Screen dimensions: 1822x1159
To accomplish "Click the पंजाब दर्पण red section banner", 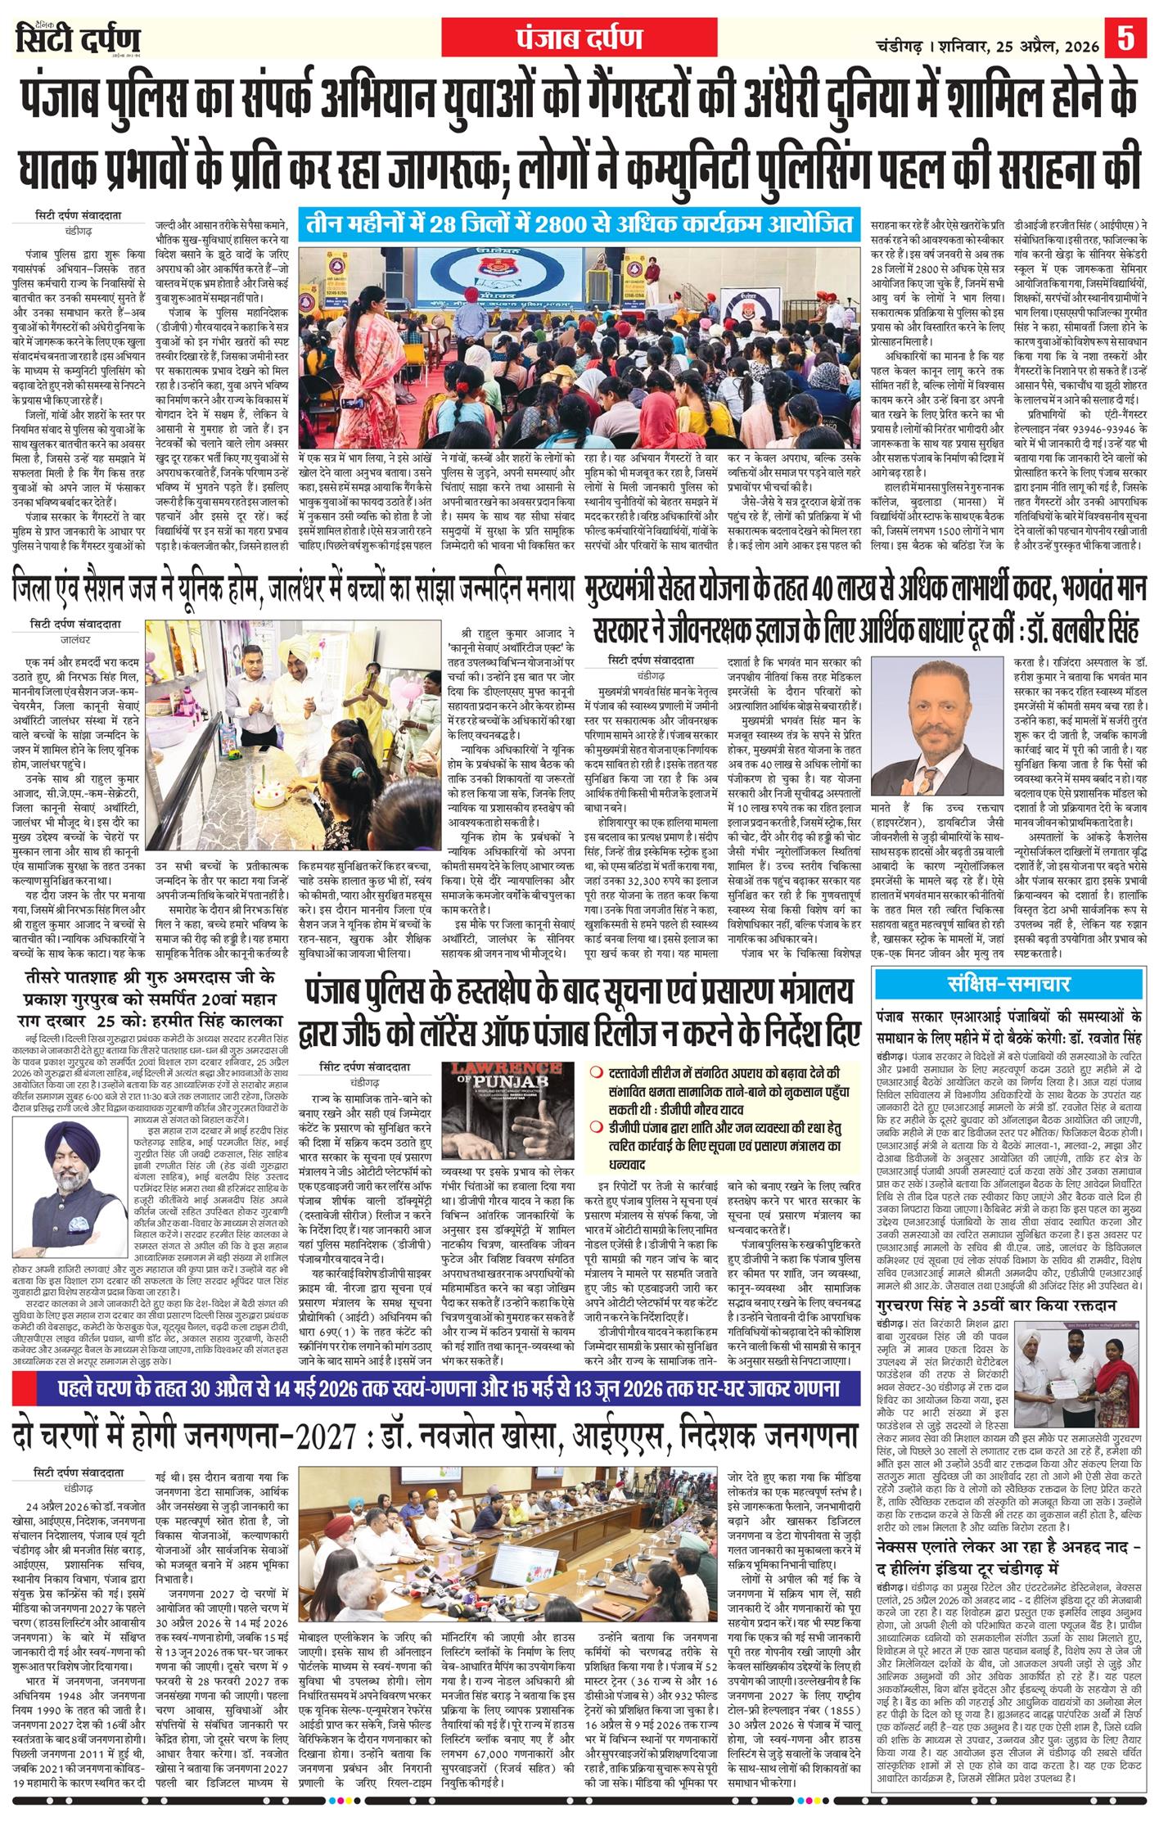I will point(579,38).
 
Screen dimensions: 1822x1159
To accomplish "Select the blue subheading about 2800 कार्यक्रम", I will point(579,224).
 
